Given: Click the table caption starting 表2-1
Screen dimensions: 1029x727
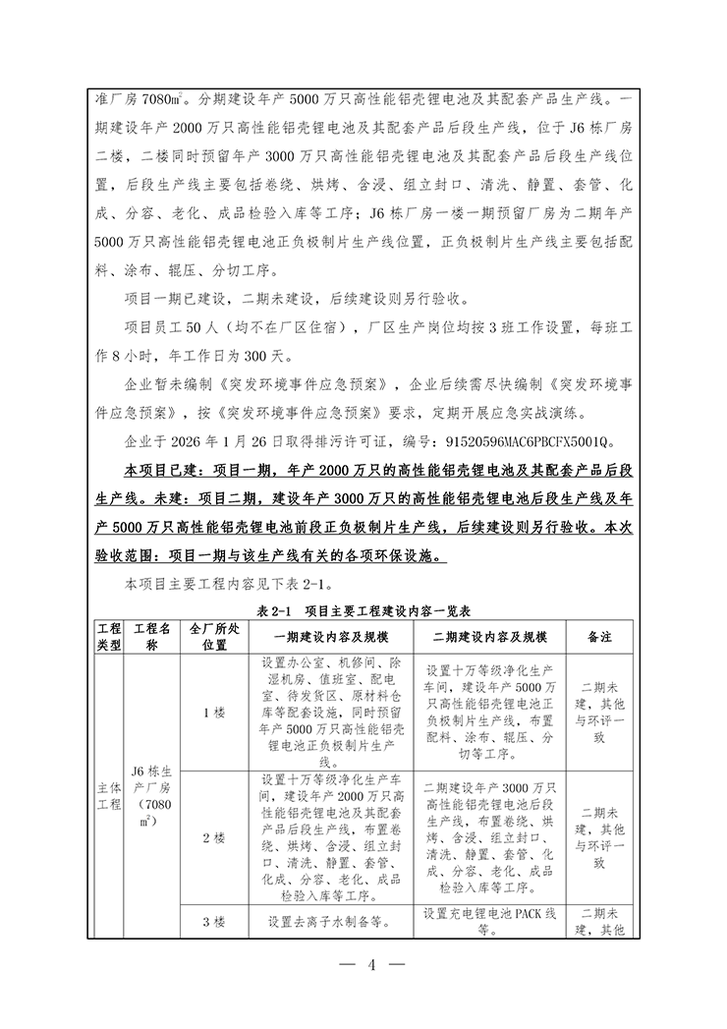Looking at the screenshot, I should click(x=363, y=610).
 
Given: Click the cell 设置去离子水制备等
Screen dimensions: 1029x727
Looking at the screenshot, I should click(x=327, y=922).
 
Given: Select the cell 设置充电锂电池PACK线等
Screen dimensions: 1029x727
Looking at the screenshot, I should click(x=487, y=922).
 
